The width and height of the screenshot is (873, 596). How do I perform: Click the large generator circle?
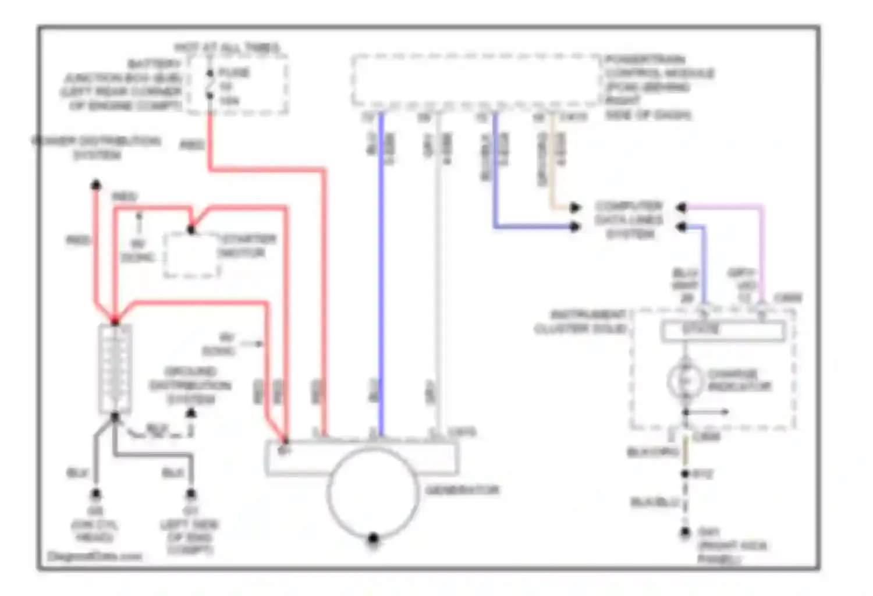point(373,492)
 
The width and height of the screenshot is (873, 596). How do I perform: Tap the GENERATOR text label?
point(463,490)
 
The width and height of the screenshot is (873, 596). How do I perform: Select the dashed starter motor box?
point(191,255)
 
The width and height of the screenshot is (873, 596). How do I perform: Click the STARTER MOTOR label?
point(247,246)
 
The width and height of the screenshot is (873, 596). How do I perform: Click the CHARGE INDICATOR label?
point(739,380)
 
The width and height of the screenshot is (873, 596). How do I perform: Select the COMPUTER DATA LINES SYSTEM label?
point(629,220)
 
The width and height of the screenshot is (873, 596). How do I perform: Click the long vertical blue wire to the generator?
point(382,274)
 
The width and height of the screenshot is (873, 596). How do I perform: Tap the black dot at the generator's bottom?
point(373,538)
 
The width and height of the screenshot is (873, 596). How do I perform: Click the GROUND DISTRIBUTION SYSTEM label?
point(190,385)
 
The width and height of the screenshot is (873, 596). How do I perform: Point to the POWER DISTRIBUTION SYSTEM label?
point(96,148)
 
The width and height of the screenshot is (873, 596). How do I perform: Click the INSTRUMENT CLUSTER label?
point(581,322)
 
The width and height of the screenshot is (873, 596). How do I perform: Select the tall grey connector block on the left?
point(115,368)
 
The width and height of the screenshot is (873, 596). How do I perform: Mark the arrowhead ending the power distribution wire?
point(96,185)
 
